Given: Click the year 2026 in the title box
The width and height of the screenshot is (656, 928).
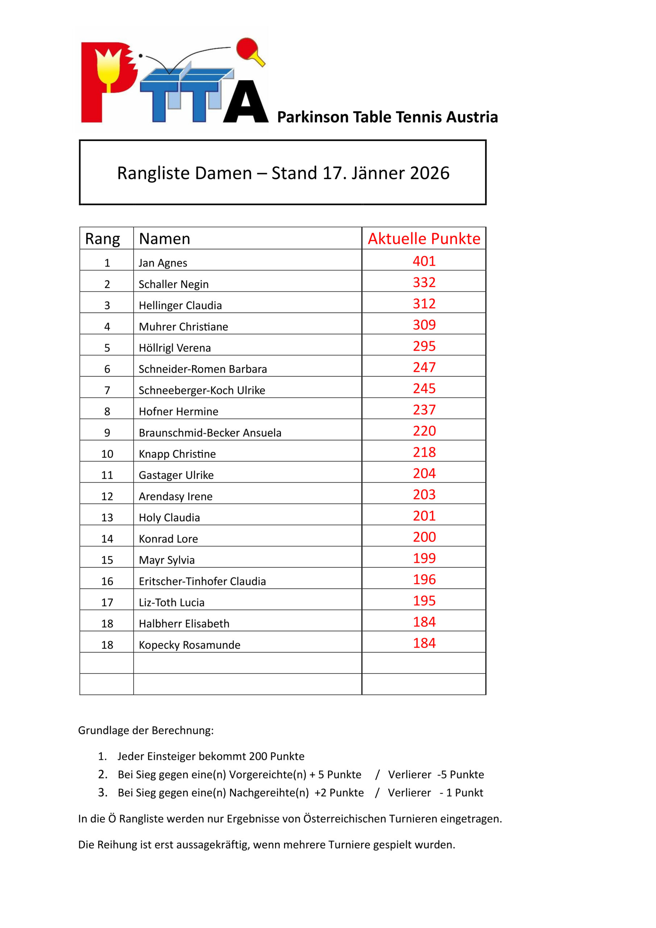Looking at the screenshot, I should (429, 173).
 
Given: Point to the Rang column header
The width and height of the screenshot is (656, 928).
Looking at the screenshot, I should (102, 239).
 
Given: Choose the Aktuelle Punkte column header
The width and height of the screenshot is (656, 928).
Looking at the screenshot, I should (424, 239).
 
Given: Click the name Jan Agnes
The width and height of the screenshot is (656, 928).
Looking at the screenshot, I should (163, 263).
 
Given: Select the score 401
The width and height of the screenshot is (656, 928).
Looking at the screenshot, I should (424, 261).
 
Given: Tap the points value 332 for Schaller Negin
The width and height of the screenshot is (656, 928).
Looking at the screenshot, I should (424, 282).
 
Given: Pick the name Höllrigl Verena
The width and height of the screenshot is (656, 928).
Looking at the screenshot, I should (175, 348).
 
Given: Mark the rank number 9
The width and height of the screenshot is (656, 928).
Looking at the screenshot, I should (107, 433).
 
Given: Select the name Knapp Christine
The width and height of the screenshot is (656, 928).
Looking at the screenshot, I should (177, 454).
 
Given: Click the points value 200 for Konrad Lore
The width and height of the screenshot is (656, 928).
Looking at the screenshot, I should (424, 537).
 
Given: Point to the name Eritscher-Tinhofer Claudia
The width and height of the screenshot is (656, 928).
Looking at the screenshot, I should (202, 581).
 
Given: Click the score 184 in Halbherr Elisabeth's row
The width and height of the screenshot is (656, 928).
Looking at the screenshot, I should (424, 622).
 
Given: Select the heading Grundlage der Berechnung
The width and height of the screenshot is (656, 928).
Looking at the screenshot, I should (145, 730).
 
